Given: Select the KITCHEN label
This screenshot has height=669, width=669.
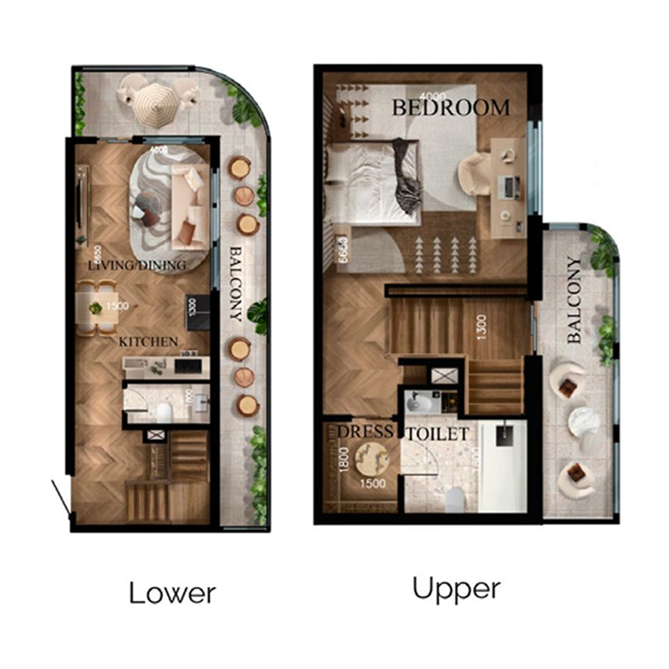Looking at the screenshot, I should pos(148,341).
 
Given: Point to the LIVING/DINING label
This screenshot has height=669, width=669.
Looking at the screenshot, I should pos(135,265).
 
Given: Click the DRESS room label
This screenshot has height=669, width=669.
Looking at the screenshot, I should pos(365,432).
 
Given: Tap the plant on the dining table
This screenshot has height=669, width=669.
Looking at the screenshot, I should pos(96,308).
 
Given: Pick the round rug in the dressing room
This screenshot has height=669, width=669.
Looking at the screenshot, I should pos(370,459).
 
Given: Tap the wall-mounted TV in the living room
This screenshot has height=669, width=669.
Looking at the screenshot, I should pos(81,205).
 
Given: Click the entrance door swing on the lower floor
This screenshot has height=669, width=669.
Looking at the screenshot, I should pos(60,499).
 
